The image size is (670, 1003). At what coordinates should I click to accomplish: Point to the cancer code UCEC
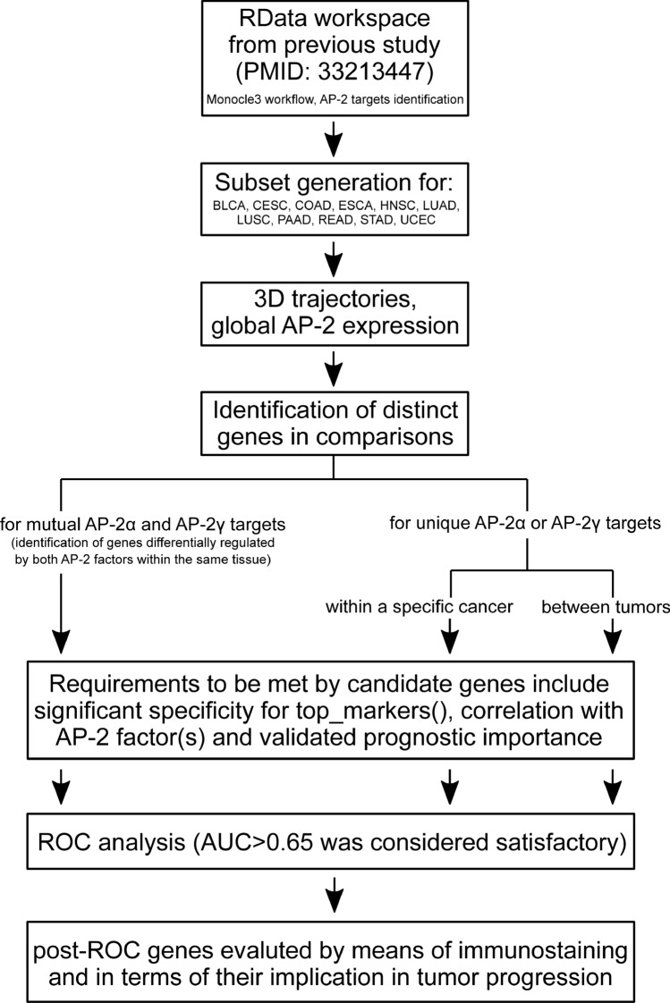437,221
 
